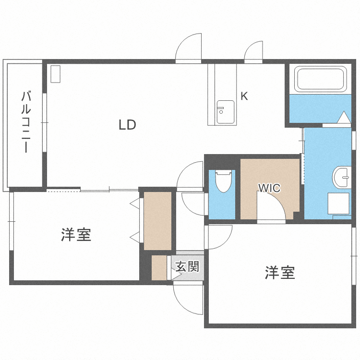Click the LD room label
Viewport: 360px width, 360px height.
coord(128,125)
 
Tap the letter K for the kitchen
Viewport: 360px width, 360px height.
coord(244,96)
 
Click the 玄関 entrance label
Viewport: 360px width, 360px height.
coord(187,266)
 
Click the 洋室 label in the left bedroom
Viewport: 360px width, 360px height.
coord(76,235)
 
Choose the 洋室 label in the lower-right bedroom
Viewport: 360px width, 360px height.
coord(279,273)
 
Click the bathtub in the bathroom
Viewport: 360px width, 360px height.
coord(321,79)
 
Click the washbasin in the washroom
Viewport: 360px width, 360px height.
coord(343,177)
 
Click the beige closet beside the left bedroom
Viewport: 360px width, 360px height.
coord(157,221)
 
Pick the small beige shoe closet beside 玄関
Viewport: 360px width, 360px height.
coord(159,268)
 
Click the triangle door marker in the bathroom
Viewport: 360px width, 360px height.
coord(344,118)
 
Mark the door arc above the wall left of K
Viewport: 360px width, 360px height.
coord(189,49)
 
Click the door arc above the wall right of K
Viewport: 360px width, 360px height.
coord(253,52)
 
